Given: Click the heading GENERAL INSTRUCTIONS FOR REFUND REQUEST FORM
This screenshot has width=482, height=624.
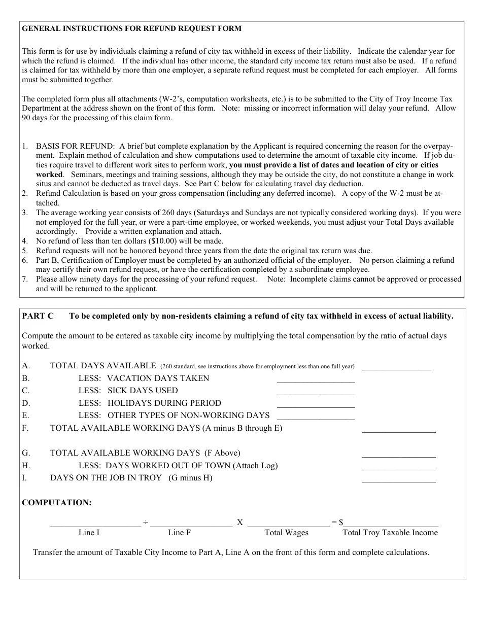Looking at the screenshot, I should (132, 28).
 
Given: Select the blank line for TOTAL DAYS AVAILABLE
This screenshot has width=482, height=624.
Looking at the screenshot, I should (396, 367).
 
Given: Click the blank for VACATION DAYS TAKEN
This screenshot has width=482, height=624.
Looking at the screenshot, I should (316, 380).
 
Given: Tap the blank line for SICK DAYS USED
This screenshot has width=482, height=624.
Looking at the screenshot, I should (316, 392).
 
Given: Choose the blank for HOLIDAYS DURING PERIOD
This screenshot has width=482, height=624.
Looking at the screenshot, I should (316, 405).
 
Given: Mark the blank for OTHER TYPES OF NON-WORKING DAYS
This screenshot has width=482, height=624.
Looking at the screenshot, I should (316, 417).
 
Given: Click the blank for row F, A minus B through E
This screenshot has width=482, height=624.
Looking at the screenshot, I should (398, 430).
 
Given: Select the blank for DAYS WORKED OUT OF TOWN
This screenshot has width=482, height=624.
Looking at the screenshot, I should (398, 467).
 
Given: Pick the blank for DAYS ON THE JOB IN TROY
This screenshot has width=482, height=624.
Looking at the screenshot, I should (398, 479).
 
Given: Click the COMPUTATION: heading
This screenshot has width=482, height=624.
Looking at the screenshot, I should (57, 503).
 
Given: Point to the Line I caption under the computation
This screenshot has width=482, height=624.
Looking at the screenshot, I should (89, 533).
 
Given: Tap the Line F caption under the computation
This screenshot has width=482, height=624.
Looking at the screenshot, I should (179, 533).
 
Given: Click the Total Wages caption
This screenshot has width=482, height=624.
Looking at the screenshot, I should (286, 533).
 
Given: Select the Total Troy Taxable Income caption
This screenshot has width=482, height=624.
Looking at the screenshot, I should (390, 533).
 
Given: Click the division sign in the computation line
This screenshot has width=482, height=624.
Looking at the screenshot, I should (145, 523).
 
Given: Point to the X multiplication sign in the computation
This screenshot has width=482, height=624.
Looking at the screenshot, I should (240, 523).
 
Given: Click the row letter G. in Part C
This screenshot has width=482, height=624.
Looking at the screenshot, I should (26, 453).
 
